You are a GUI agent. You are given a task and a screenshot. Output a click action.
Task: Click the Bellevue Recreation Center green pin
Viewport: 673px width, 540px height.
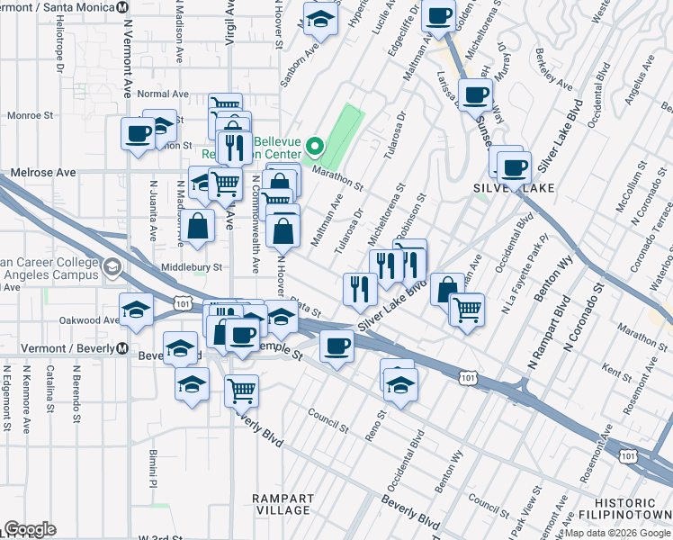pyautogui.click(x=314, y=145)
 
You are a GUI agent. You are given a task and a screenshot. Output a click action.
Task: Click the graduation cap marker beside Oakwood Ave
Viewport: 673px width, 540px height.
pyautogui.click(x=137, y=310)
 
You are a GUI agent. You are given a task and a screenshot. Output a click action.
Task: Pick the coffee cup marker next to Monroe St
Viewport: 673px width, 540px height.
pyautogui.click(x=139, y=135)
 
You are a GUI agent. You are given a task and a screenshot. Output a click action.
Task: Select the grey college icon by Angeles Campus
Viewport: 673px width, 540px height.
pyautogui.click(x=112, y=267)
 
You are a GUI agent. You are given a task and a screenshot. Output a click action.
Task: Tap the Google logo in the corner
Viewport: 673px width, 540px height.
pyautogui.click(x=30, y=529)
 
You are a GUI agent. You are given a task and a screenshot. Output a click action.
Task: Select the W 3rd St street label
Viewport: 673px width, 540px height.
pyautogui.click(x=159, y=536)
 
